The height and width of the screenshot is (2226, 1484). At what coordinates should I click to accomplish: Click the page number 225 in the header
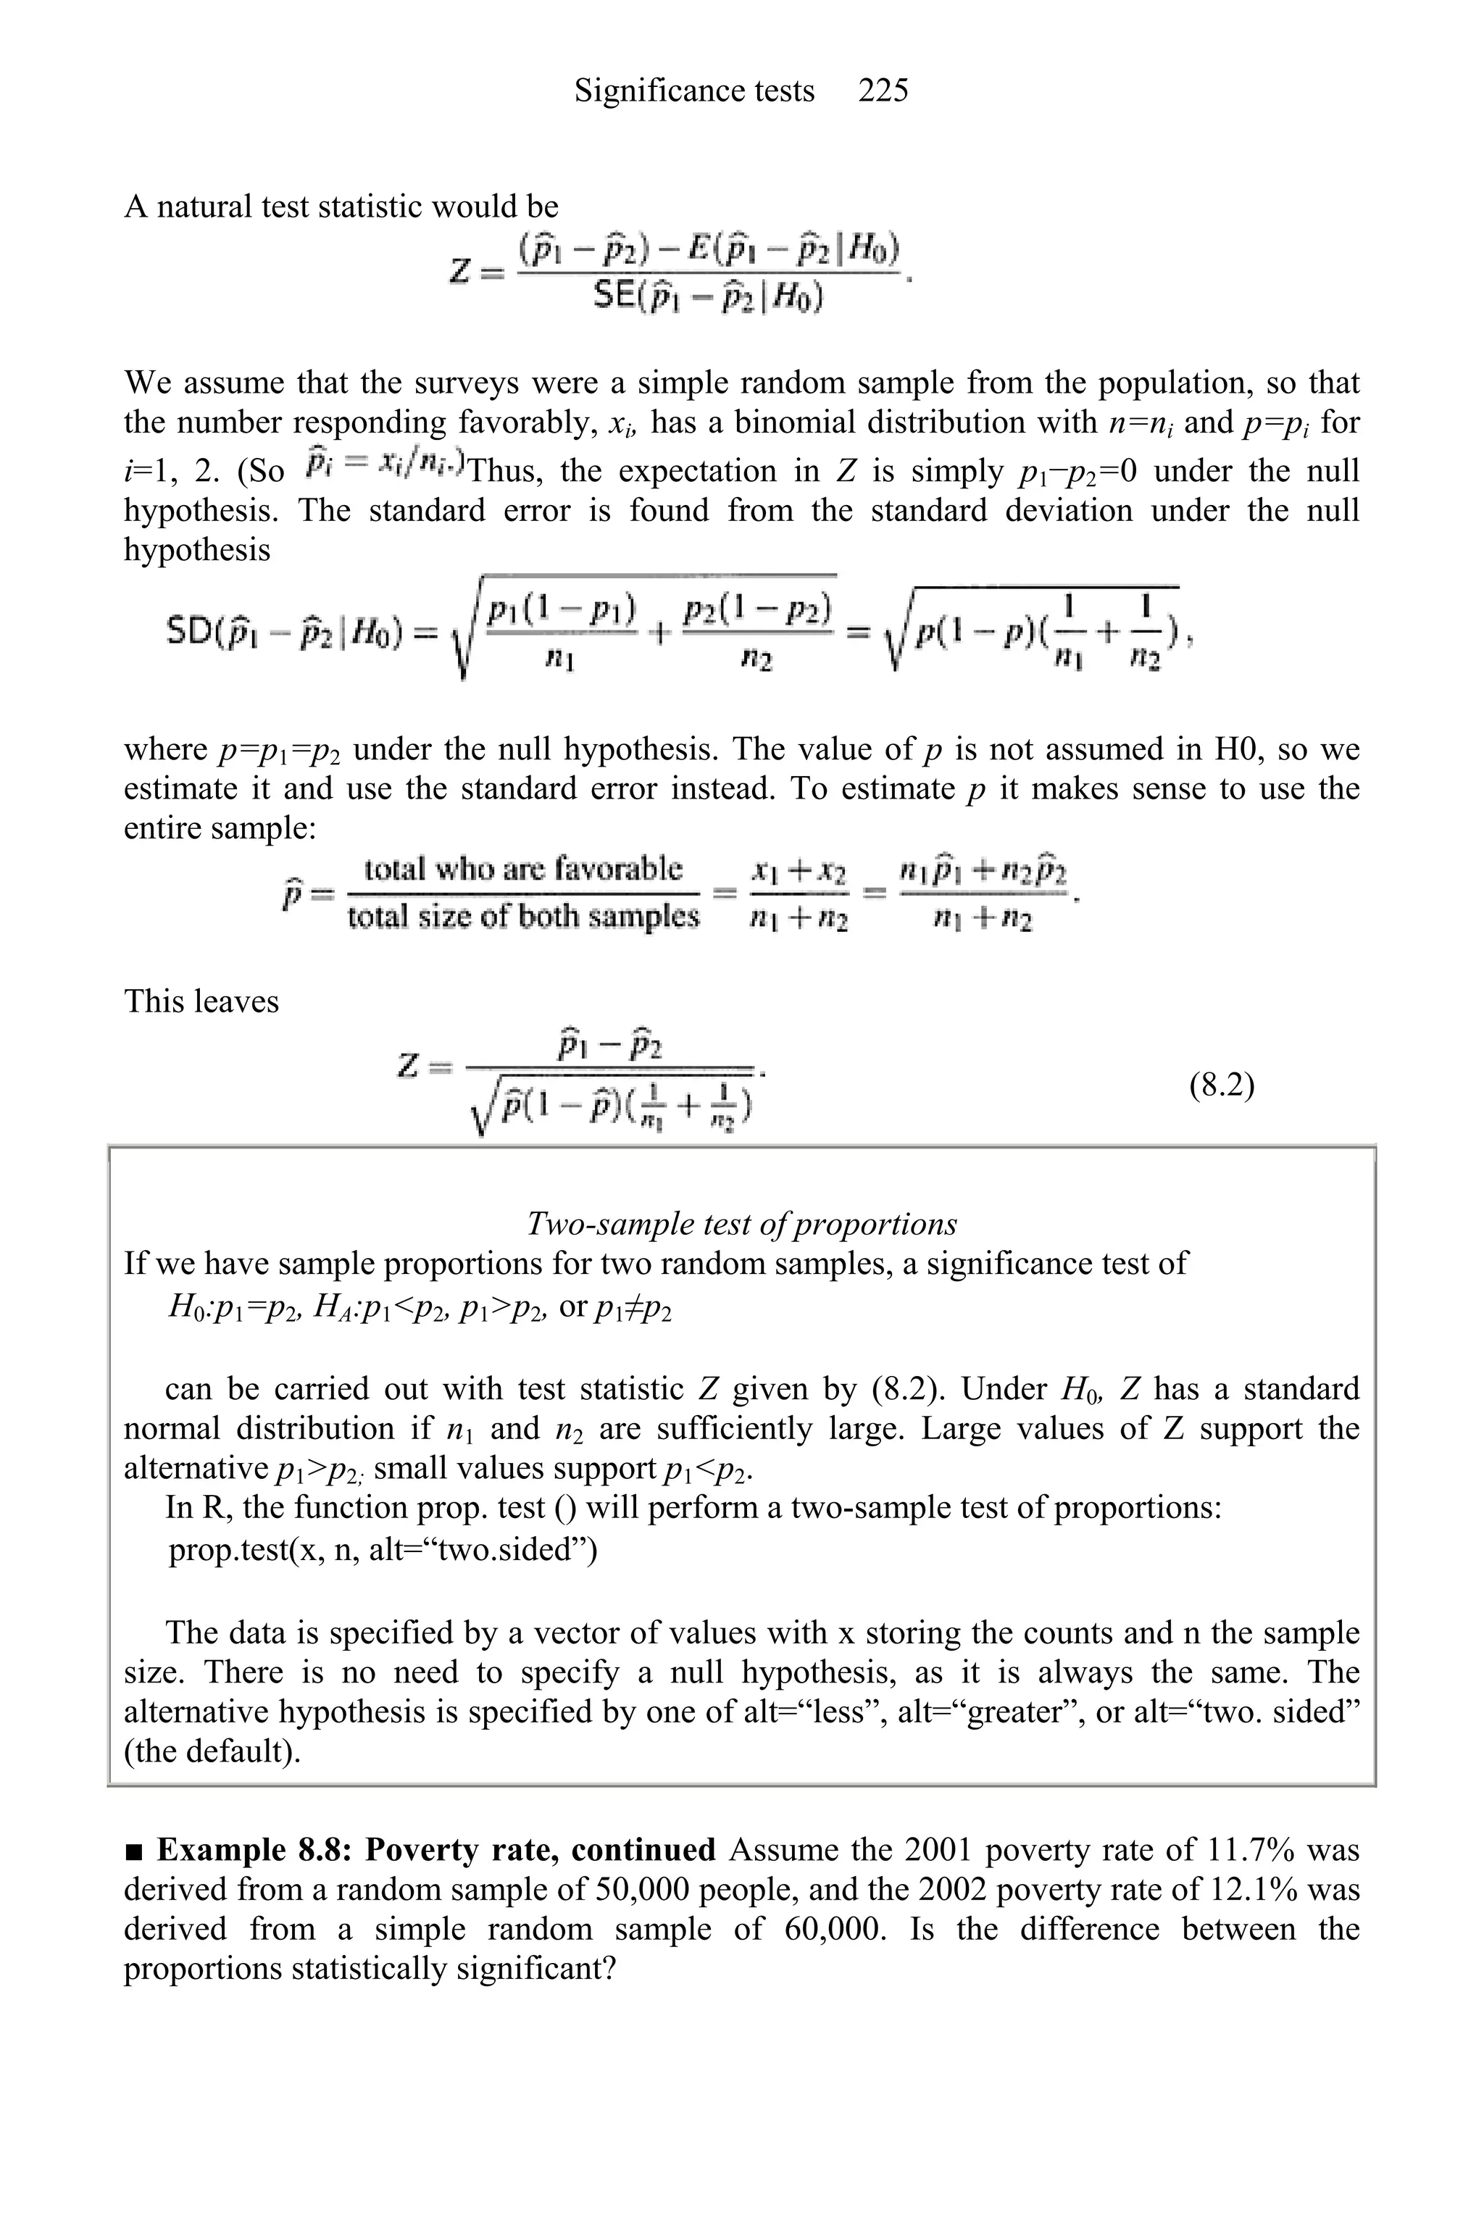click(883, 91)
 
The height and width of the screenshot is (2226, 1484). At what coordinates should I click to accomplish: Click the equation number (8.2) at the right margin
click(1222, 1085)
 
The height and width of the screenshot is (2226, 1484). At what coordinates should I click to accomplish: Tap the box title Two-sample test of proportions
click(741, 1224)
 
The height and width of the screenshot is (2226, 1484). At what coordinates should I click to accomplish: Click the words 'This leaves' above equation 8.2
click(201, 1001)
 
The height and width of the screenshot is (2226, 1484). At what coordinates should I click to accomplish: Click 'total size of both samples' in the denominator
click(523, 917)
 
